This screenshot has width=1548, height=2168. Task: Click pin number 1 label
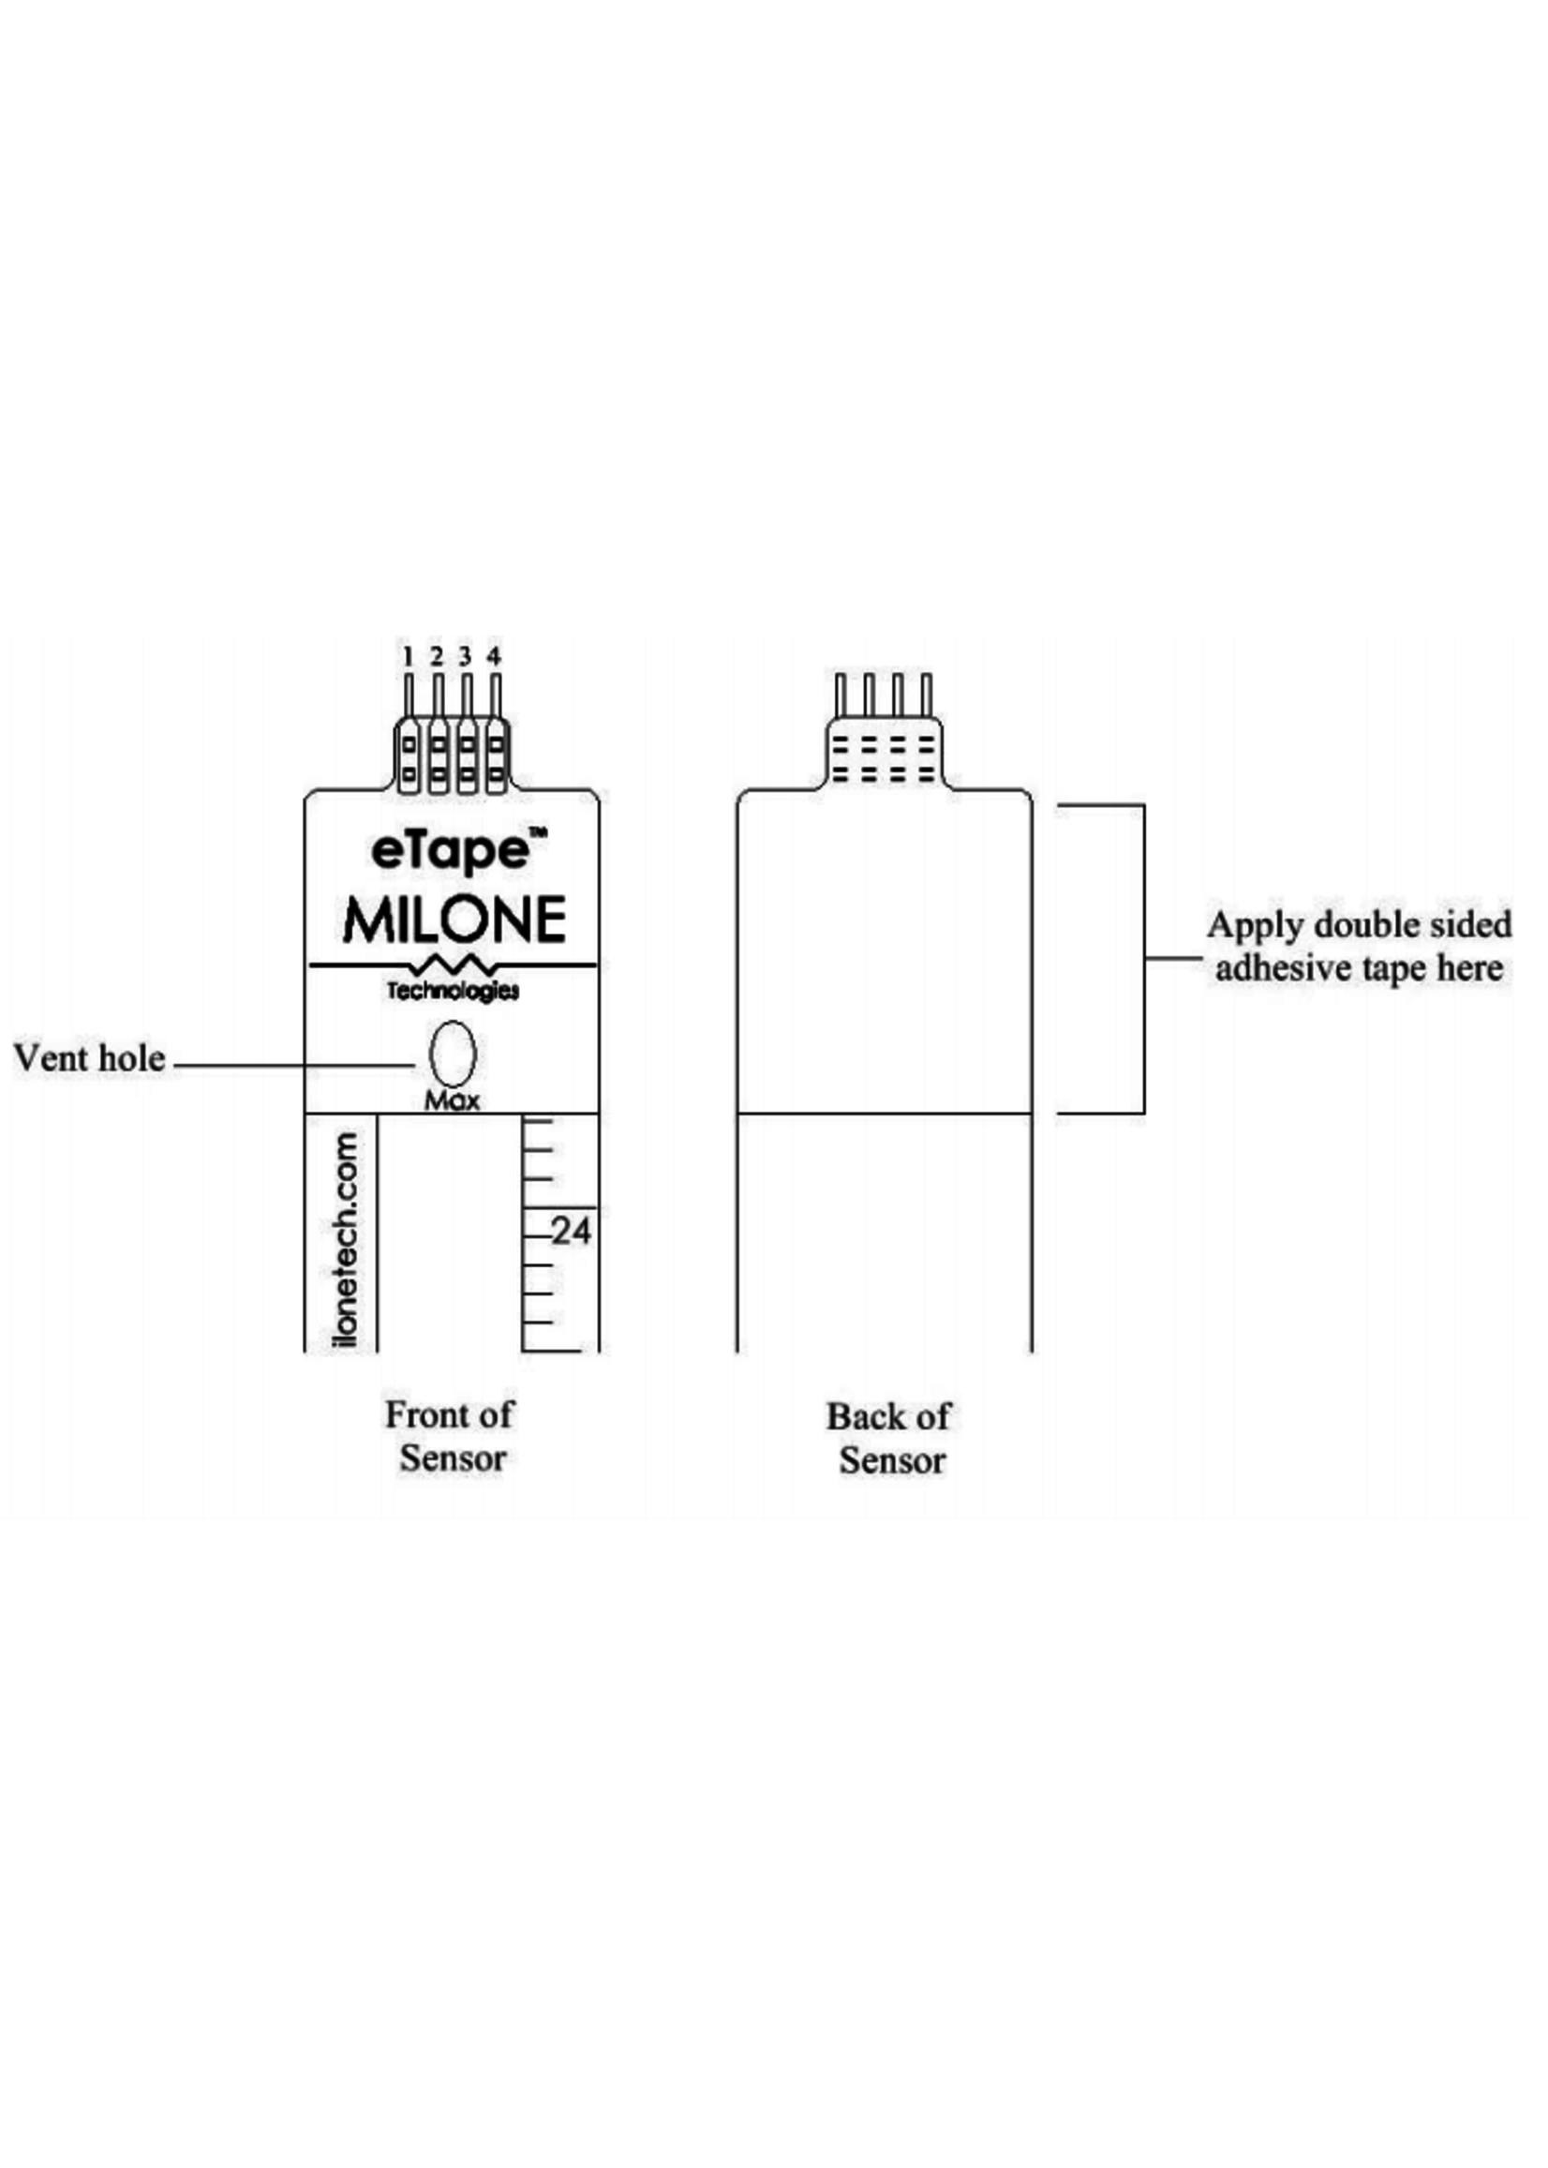[x=408, y=656]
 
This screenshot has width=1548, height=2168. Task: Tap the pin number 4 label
[x=494, y=656]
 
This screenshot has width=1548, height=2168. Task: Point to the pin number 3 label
[x=465, y=656]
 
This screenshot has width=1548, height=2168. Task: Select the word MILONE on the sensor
[x=454, y=920]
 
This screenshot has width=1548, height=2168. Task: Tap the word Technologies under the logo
[x=453, y=992]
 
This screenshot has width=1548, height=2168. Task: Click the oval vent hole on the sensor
[x=453, y=1054]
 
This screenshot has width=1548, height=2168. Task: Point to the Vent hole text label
[x=89, y=1058]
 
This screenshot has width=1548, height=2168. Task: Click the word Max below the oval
[x=452, y=1100]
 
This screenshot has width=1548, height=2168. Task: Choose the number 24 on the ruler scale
[x=571, y=1231]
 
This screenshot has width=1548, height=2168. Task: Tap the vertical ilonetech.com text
[x=346, y=1239]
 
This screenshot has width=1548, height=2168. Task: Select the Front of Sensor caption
[x=451, y=1436]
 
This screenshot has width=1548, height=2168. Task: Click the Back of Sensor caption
[x=889, y=1438]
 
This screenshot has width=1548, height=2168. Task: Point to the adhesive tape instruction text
[x=1360, y=946]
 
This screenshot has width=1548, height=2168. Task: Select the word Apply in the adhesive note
[x=1246, y=925]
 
